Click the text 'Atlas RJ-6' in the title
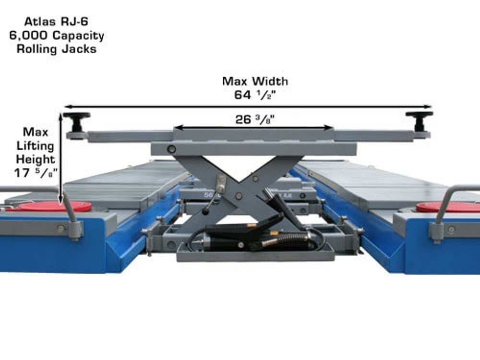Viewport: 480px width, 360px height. click(x=56, y=22)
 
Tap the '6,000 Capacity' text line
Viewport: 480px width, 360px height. click(x=57, y=35)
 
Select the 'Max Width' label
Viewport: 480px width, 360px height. click(x=255, y=81)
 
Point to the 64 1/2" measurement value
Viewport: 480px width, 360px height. click(x=255, y=95)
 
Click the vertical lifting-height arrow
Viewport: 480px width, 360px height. click(x=61, y=158)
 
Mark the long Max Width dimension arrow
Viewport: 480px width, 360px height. click(x=248, y=107)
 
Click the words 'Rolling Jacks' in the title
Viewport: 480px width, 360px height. click(x=56, y=49)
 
